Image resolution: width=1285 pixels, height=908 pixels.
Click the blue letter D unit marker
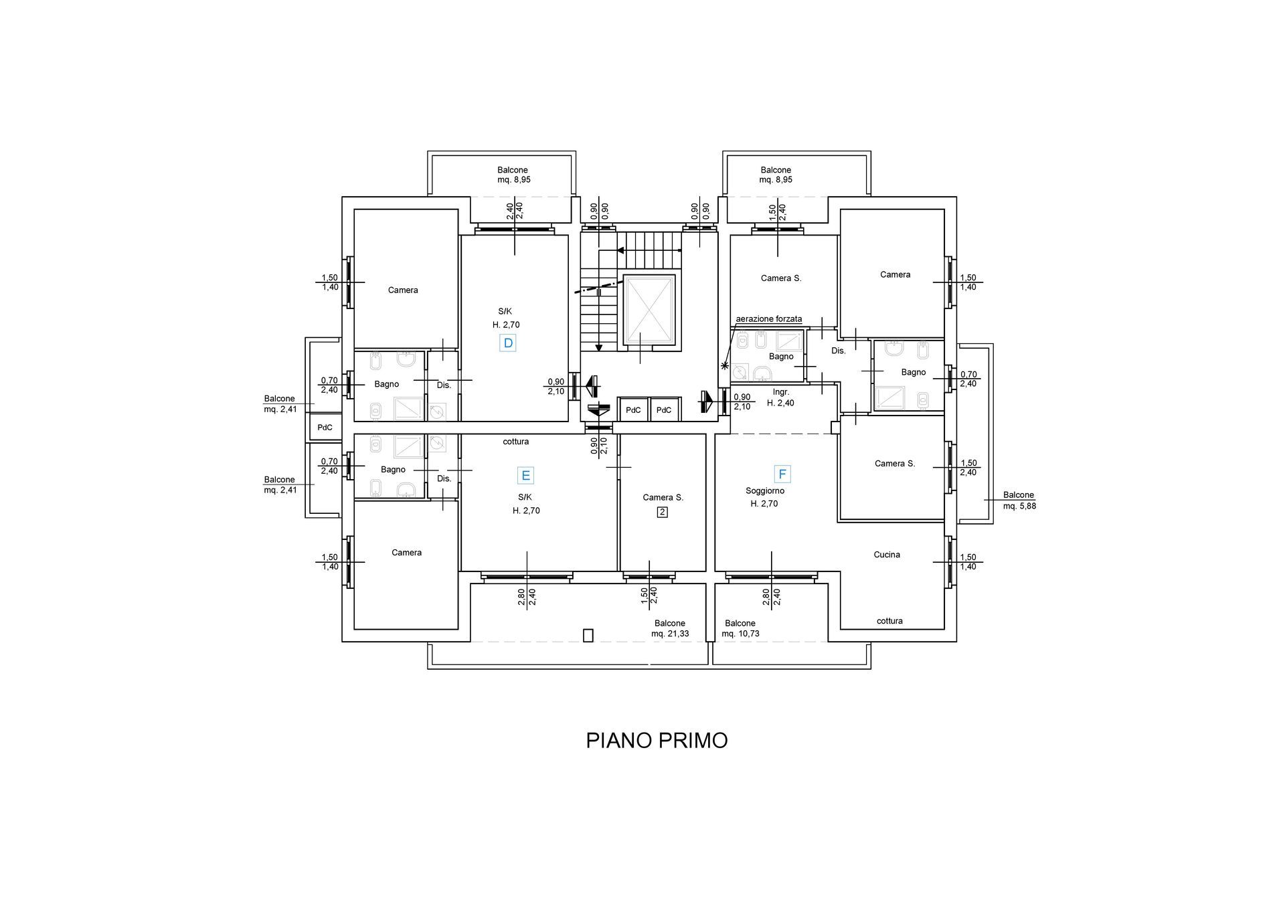(x=508, y=343)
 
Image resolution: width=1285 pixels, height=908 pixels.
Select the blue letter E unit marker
(x=526, y=476)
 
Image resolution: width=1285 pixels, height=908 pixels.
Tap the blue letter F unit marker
(x=782, y=474)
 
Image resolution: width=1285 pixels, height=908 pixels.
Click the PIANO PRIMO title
(x=657, y=741)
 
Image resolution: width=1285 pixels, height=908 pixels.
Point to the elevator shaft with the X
(x=649, y=310)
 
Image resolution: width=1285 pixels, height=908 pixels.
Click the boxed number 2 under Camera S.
(x=663, y=513)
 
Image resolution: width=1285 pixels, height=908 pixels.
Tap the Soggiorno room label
(x=765, y=490)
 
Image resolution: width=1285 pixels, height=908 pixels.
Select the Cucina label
(x=887, y=555)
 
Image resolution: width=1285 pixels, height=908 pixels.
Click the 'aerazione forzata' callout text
(x=768, y=319)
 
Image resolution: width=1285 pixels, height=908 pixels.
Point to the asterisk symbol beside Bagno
(x=724, y=365)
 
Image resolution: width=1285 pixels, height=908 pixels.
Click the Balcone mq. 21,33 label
(x=670, y=628)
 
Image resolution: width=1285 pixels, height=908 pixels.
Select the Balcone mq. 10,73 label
(x=740, y=628)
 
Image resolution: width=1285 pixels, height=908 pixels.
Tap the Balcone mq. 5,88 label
(x=1019, y=501)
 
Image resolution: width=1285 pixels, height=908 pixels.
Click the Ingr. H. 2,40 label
(x=780, y=397)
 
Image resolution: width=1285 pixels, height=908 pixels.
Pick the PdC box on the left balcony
(x=325, y=428)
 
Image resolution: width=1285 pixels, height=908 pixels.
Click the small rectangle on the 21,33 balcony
(x=588, y=635)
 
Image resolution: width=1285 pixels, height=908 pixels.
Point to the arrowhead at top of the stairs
(x=620, y=251)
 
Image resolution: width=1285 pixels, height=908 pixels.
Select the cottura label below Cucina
(x=889, y=621)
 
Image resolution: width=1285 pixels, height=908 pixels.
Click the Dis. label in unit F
(x=839, y=351)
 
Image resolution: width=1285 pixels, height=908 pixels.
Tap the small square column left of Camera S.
(x=835, y=427)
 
